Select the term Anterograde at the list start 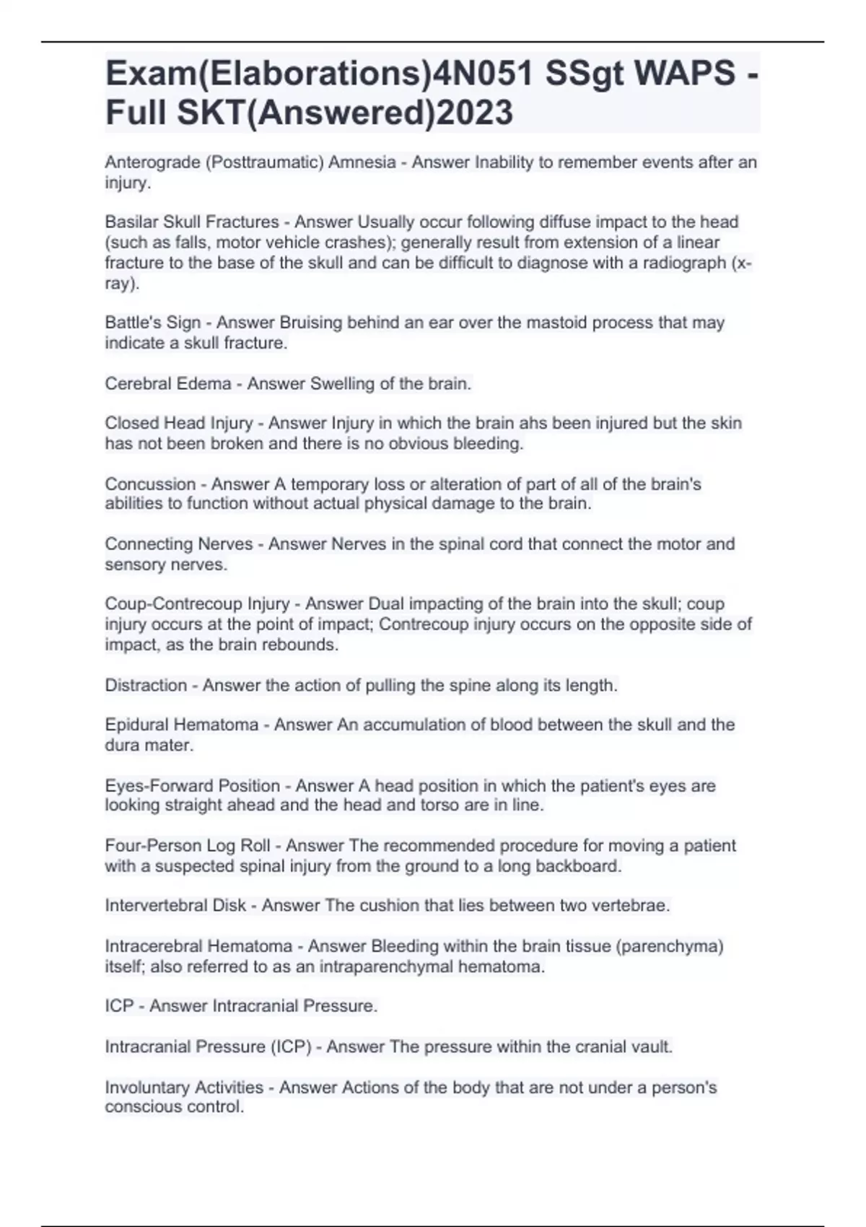click(152, 162)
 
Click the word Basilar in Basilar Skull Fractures click(130, 222)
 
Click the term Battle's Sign click(152, 323)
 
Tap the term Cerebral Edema click(167, 383)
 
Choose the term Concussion click(150, 484)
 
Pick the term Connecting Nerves click(179, 544)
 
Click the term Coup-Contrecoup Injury click(197, 604)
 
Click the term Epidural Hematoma click(181, 725)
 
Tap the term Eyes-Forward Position click(192, 785)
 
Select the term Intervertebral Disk click(175, 906)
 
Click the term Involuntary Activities click(184, 1087)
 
